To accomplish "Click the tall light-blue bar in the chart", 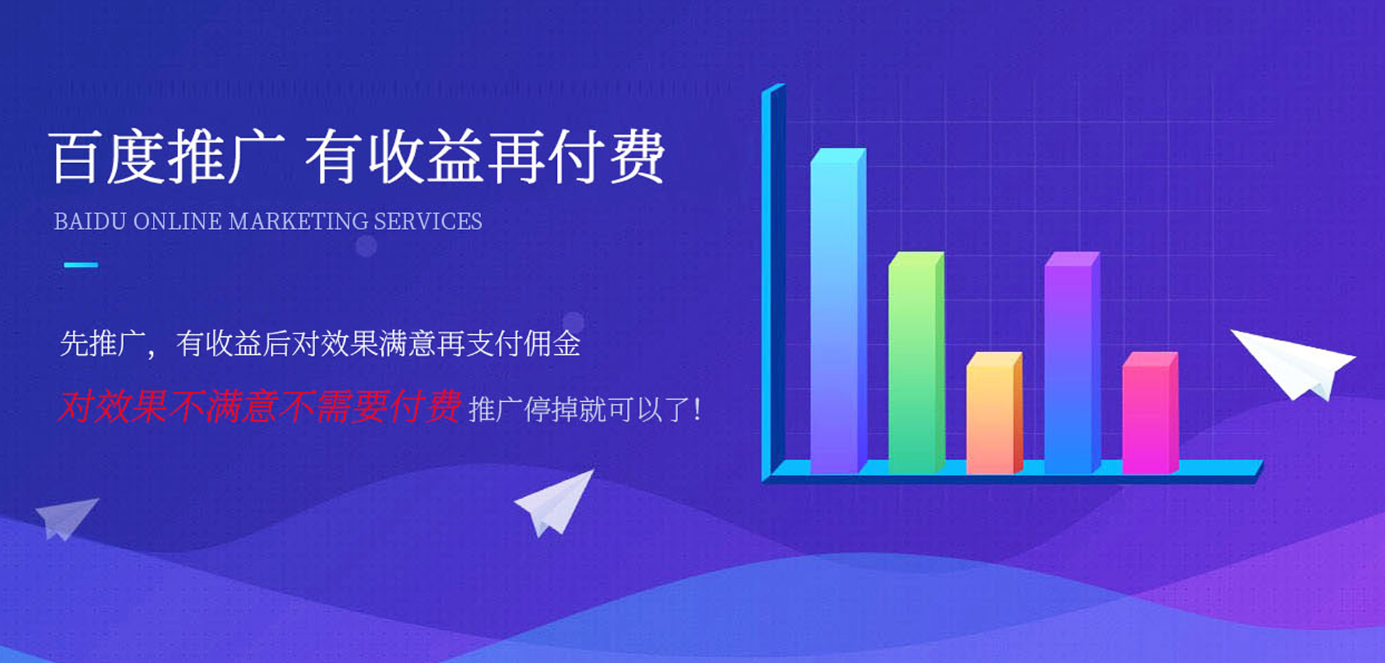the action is (837, 311).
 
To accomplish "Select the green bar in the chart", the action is (915, 362).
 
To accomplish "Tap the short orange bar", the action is (993, 413).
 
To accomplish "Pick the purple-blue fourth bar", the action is (1071, 362).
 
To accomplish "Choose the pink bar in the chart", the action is (1149, 413).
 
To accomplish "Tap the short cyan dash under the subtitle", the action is (81, 265).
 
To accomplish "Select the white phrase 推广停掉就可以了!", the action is (584, 410).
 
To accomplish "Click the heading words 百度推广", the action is (167, 157).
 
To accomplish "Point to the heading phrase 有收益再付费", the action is (485, 157).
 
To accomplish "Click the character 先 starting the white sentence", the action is (74, 343).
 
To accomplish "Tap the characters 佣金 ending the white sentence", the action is (553, 343).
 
